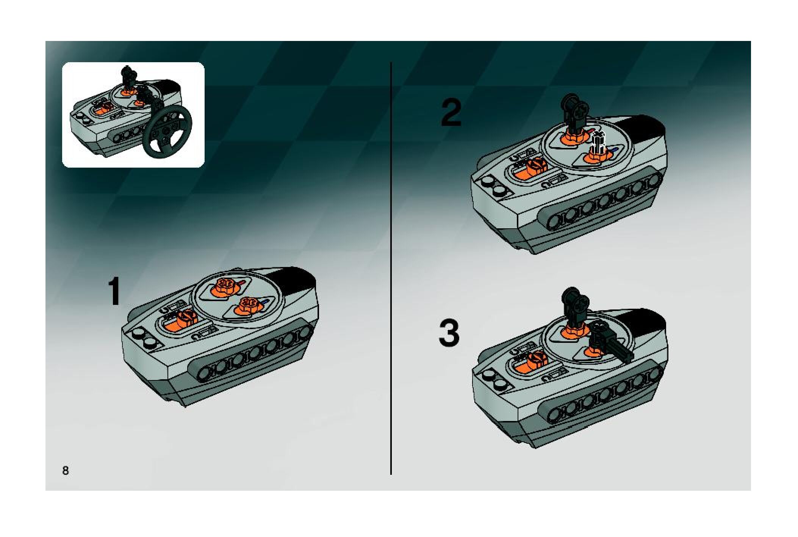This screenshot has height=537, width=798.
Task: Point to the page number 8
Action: (66, 471)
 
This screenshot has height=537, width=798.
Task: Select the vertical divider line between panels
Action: (391, 268)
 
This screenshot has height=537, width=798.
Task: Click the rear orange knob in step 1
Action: (225, 287)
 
